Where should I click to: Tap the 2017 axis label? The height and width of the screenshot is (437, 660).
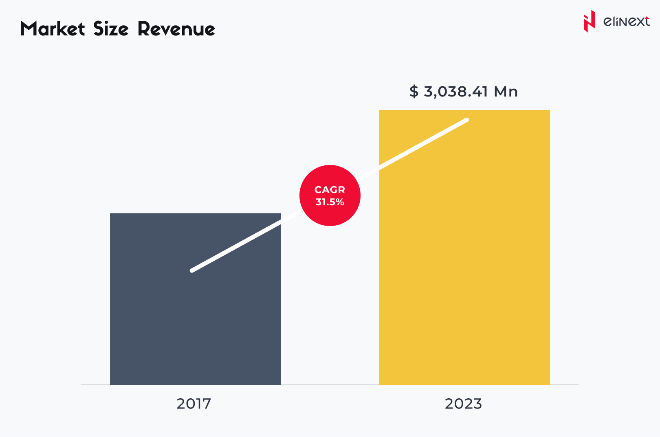coord(194,404)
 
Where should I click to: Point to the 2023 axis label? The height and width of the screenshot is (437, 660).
coord(463,404)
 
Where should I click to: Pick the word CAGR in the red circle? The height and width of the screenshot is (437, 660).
coord(330,190)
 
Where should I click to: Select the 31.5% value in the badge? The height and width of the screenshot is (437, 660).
coord(330,202)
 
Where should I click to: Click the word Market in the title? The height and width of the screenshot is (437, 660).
coord(53,29)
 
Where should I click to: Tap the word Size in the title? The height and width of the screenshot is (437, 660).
coord(111,29)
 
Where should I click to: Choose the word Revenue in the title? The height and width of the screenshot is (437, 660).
coord(176,29)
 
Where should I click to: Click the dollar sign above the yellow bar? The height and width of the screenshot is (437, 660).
coord(414,92)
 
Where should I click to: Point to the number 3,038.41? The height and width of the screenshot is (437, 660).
coord(456,92)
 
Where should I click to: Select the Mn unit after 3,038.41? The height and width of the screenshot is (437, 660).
coord(506,92)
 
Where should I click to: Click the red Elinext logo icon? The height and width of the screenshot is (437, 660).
coord(589,21)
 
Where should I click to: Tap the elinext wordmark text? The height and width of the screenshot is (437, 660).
coord(626,22)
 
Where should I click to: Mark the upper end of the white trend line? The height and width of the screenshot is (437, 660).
coord(467,120)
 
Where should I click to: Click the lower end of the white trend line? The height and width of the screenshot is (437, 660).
coord(192,270)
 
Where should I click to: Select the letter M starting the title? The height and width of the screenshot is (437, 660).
coord(29,29)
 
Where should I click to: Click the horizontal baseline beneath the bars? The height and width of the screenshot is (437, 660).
coord(330,385)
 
